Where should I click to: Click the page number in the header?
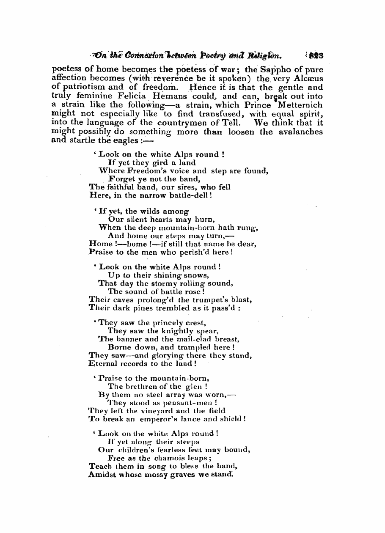click(316, 55)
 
